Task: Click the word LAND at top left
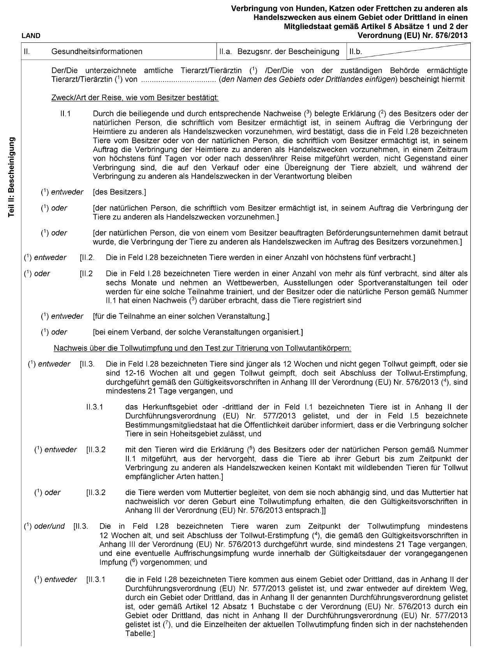click(31, 36)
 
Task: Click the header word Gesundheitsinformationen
click(97, 51)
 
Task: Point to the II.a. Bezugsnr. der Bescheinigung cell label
click(279, 51)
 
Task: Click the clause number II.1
click(65, 114)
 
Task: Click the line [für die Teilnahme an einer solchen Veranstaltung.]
click(181, 316)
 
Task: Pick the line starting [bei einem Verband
click(198, 332)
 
